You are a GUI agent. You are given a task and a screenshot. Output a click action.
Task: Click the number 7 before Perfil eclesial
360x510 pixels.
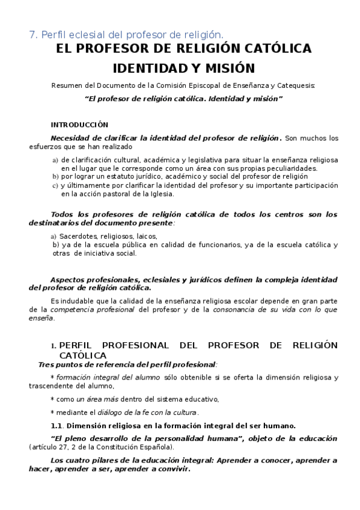(x=32, y=34)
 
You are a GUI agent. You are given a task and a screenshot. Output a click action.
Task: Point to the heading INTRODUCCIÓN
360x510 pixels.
(x=79, y=125)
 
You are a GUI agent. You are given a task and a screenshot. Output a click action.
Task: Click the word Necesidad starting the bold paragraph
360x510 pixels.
(x=70, y=138)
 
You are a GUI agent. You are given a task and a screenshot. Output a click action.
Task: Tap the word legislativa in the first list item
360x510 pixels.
(x=204, y=160)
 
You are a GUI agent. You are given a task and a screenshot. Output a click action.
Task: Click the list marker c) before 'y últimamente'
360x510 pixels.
(x=55, y=186)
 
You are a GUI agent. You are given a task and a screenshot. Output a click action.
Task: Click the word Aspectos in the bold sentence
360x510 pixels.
(x=68, y=280)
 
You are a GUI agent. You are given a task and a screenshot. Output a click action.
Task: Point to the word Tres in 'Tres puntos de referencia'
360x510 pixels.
(x=46, y=364)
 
